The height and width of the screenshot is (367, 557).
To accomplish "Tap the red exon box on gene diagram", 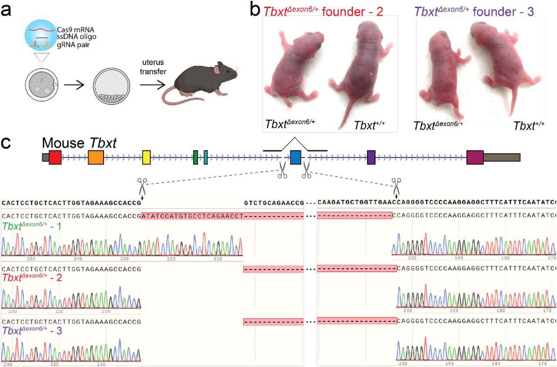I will point(55,157).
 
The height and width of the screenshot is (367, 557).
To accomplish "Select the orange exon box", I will point(95,157).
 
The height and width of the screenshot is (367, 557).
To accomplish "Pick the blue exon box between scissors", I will point(295,157).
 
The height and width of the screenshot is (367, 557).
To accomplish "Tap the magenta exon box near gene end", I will point(475,157).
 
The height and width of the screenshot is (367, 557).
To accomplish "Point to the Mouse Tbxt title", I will point(79,143).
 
